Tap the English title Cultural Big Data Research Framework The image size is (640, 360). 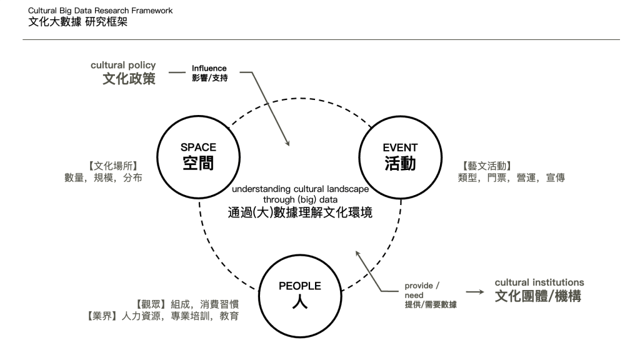pyautogui.click(x=101, y=11)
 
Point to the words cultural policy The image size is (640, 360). pyautogui.click(x=123, y=66)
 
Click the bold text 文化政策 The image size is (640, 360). pyautogui.click(x=129, y=79)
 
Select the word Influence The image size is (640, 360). pyautogui.click(x=209, y=68)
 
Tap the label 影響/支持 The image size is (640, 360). pyautogui.click(x=209, y=79)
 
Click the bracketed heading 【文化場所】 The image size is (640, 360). pyautogui.click(x=112, y=166)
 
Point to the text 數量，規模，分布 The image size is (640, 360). pyautogui.click(x=103, y=178)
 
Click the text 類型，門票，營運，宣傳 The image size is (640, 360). pyautogui.click(x=511, y=178)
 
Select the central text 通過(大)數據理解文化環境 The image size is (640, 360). pyautogui.click(x=300, y=213)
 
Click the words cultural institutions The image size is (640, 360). pyautogui.click(x=539, y=282)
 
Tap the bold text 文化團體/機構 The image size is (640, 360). pyautogui.click(x=538, y=296)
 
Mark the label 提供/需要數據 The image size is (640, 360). pyautogui.click(x=431, y=305)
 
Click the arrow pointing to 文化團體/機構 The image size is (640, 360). pyautogui.click(x=475, y=292)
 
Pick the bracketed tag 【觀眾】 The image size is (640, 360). pyautogui.click(x=151, y=304)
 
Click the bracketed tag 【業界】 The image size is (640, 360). pyautogui.click(x=101, y=316)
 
